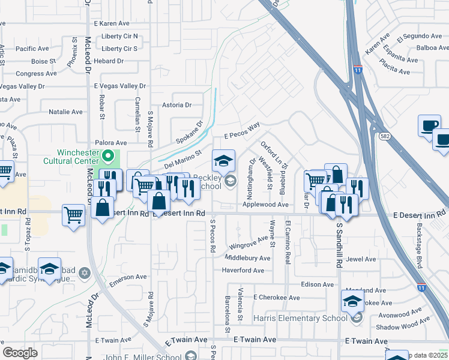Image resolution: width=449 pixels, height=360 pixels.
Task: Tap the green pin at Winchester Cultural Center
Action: click(x=108, y=158)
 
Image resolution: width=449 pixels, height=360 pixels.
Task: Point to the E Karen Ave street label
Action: click(x=112, y=23)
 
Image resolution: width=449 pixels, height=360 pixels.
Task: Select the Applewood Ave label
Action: click(x=266, y=205)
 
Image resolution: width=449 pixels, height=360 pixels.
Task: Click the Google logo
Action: click(x=19, y=352)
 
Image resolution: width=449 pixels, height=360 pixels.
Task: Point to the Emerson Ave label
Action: click(x=127, y=277)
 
